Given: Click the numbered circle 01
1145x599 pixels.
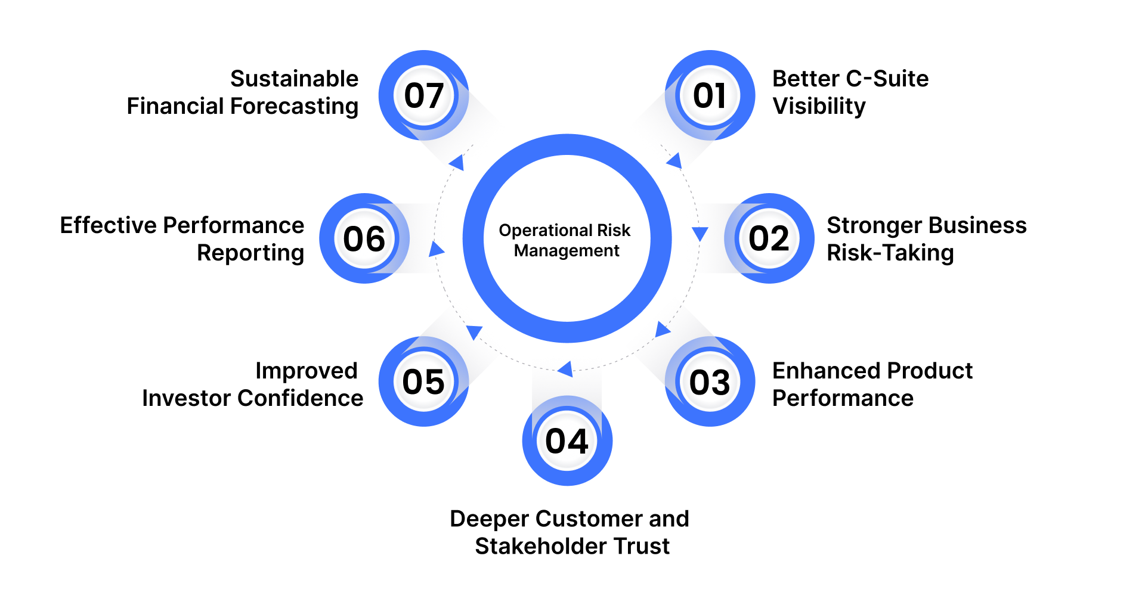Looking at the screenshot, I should (x=710, y=95).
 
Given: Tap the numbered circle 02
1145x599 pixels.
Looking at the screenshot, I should (x=769, y=238).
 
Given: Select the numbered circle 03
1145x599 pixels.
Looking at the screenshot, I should (x=710, y=381).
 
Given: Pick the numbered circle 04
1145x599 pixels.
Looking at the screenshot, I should (x=567, y=441).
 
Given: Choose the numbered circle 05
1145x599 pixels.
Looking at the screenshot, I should (x=424, y=381).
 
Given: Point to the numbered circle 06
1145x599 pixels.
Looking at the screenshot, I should (x=364, y=238).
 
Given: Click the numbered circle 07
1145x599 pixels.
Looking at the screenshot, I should (x=424, y=95).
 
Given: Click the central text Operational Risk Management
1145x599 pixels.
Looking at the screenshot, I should (x=566, y=240).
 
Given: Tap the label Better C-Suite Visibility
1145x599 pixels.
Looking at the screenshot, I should (x=850, y=92).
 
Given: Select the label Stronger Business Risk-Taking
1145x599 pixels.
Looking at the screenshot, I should (x=926, y=239).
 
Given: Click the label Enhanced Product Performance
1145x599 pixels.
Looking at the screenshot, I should (x=872, y=384).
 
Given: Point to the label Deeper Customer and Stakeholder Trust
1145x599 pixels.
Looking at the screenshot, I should (x=570, y=532).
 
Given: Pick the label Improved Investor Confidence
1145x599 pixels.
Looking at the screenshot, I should (x=252, y=384).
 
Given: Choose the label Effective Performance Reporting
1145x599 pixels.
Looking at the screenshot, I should (x=182, y=239).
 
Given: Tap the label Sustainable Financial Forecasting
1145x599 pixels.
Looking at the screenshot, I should (x=243, y=92).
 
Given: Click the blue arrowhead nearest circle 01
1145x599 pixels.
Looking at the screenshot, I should (x=675, y=161).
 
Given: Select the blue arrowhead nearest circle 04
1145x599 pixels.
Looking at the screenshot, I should (x=565, y=369).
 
